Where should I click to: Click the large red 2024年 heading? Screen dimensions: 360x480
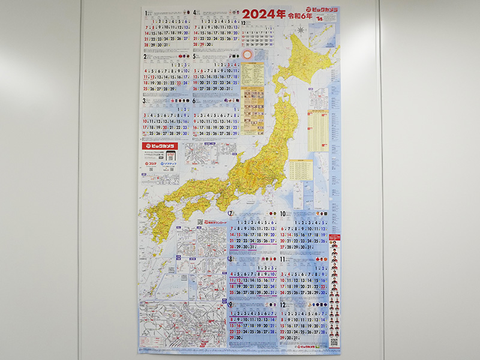[264, 14]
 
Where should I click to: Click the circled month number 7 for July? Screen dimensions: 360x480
[230, 214]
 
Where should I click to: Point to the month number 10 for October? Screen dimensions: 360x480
[282, 214]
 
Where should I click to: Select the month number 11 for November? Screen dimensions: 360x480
[282, 259]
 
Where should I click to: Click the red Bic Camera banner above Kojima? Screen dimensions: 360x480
[160, 146]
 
